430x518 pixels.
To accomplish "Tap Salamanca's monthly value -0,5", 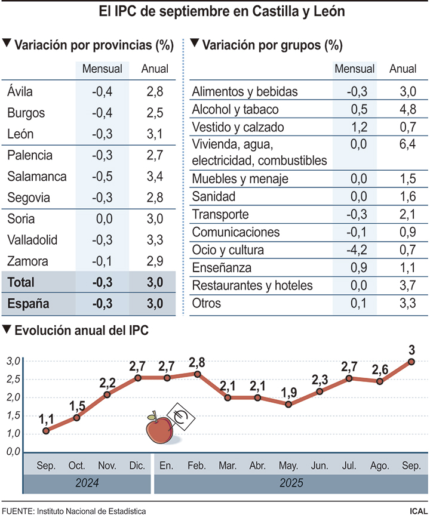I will pos(102,177).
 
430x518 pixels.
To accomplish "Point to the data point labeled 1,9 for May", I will pos(288,405).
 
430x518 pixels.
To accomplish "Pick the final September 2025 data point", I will pos(411,361).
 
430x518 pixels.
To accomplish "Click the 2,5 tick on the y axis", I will pos(14,379).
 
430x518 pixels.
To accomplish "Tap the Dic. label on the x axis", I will pos(137,465).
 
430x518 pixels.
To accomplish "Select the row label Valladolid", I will pos(33,240).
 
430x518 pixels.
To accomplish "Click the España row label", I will pos(28,304).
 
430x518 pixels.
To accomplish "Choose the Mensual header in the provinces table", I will pos(102,69).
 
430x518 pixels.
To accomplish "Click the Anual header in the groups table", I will pos(403,69).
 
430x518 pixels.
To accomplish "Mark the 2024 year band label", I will pos(86,483).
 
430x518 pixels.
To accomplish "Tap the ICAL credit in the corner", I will pos(417,511).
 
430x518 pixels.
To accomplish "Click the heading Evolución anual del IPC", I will pos(81,330).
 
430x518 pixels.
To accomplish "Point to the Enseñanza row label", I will pos(222,268).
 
